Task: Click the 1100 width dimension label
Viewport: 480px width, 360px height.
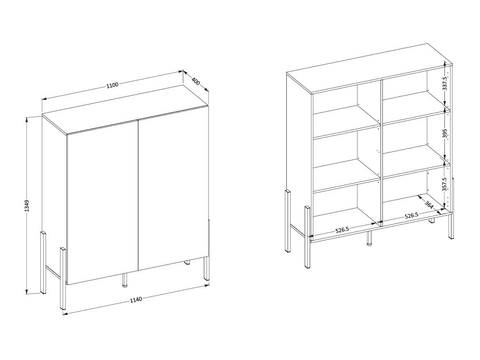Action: [x=113, y=85]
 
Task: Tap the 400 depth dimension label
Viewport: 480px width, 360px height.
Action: [x=196, y=81]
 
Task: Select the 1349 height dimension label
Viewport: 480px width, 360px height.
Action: [x=27, y=206]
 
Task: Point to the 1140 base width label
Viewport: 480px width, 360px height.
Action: [x=136, y=299]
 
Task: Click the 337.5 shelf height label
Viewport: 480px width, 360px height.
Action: [x=445, y=83]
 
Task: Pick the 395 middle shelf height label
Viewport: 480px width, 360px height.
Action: [x=445, y=133]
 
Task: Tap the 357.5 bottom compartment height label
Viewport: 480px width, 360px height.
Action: [x=445, y=184]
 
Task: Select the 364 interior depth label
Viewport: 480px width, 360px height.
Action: [x=429, y=204]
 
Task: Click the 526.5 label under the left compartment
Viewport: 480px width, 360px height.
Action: [x=342, y=230]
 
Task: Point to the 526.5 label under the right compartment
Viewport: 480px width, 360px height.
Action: [x=411, y=216]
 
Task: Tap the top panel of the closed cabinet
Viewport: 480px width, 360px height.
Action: [x=125, y=109]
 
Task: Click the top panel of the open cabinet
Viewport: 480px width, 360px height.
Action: [x=369, y=68]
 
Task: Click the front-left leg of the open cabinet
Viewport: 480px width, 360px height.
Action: [x=307, y=237]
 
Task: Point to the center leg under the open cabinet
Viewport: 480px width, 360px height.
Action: [x=369, y=239]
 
